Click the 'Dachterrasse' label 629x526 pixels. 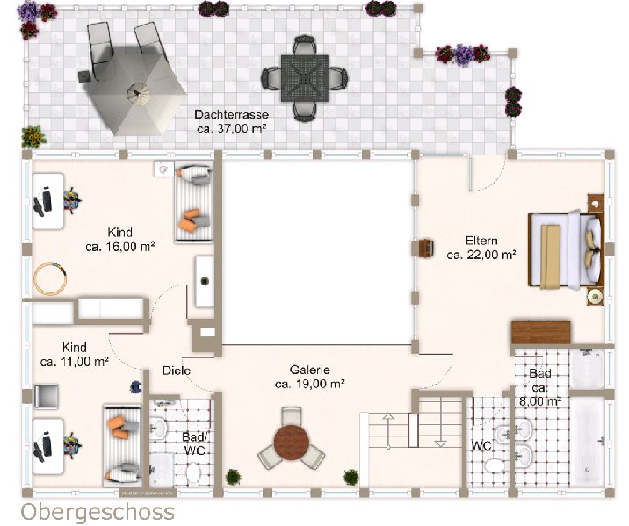point(231,114)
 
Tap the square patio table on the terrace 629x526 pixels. point(305,78)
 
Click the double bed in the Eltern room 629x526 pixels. point(567,249)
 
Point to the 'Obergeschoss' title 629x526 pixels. point(98,513)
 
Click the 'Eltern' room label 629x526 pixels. point(481,241)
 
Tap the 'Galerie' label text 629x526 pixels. point(310,370)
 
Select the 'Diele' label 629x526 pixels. point(177,371)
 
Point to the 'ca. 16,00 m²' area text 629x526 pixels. point(120,247)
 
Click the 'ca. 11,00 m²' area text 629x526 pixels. point(75,362)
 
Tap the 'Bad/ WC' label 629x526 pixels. point(195,443)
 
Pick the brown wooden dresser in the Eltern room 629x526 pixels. point(541,332)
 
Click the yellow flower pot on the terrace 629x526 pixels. point(33,137)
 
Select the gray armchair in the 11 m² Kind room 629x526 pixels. point(47,396)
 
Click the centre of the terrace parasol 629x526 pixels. point(139,94)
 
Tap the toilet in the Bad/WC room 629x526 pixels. point(193,472)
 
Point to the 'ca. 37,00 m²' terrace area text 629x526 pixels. point(232,129)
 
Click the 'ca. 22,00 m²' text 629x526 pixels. point(481,255)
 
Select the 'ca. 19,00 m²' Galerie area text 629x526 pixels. point(310,384)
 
